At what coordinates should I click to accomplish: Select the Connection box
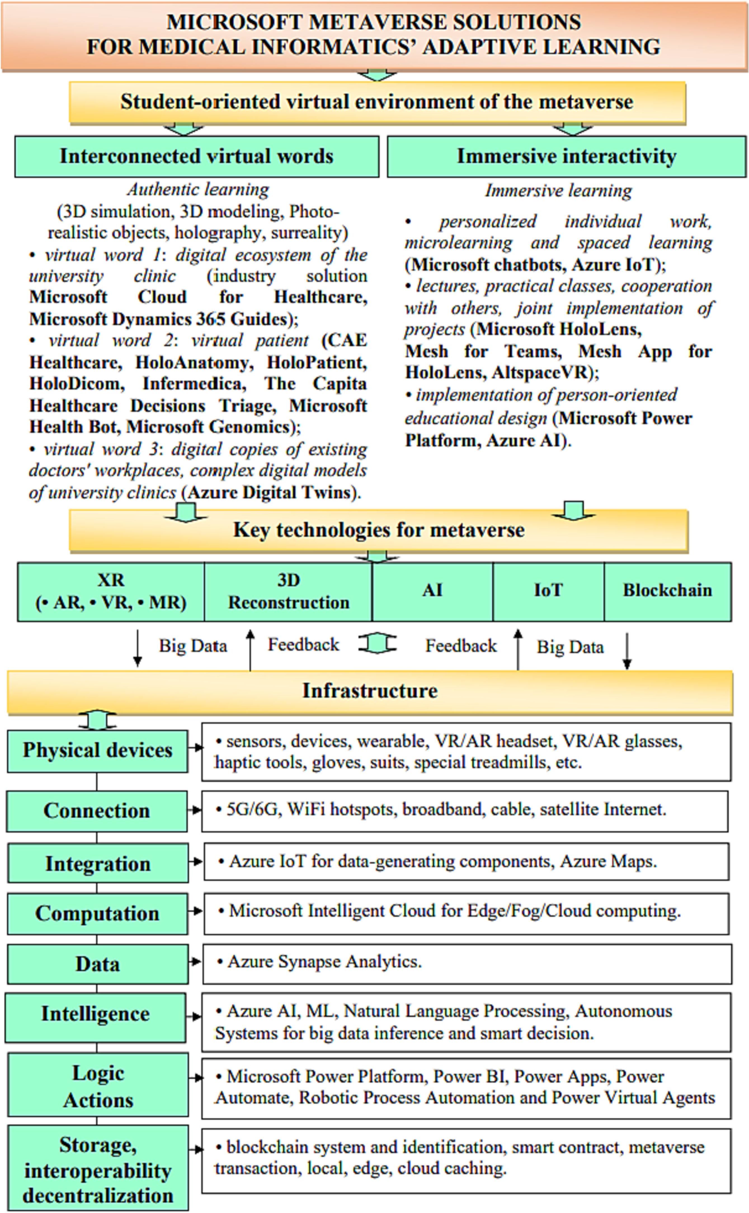coord(96,811)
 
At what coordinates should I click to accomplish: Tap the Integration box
coord(98,863)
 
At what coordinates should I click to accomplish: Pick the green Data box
coord(98,964)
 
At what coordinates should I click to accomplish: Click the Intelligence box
coord(96,1013)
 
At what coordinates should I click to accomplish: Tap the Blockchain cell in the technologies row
coord(667,591)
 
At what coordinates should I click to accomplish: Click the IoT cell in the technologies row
coord(548,591)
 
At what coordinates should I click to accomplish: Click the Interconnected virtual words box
coord(197,157)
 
